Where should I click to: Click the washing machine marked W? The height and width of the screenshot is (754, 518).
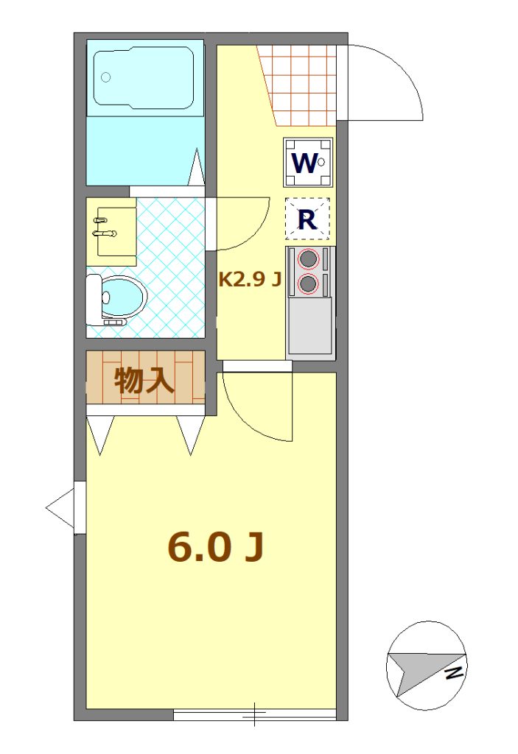click(308, 163)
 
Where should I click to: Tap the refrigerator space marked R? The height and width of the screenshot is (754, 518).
click(307, 219)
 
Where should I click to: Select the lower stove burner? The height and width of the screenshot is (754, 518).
click(308, 283)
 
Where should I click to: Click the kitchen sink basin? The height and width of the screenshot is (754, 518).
click(309, 325)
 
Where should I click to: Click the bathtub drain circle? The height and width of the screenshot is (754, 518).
click(106, 77)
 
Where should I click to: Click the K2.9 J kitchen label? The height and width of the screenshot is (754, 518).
click(250, 279)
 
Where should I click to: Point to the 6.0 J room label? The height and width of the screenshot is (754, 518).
click(216, 548)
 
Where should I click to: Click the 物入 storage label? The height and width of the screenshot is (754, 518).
click(144, 381)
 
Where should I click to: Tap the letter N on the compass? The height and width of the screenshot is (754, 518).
click(453, 673)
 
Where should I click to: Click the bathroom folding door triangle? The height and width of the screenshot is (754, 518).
click(197, 166)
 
